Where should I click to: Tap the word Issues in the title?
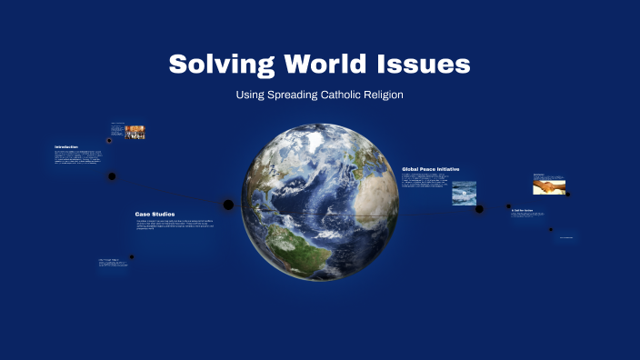click(x=426, y=65)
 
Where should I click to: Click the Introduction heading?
click(x=66, y=147)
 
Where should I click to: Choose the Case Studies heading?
click(x=155, y=214)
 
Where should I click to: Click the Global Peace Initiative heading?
click(x=431, y=169)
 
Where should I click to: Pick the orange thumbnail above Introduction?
click(x=135, y=132)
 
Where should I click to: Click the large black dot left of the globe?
click(x=228, y=205)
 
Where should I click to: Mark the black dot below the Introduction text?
click(x=112, y=175)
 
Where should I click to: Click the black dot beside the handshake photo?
click(x=567, y=193)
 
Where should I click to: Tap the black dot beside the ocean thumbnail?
click(x=481, y=207)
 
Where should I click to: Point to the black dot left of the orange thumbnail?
click(x=110, y=141)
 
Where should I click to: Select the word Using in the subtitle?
click(x=249, y=95)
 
